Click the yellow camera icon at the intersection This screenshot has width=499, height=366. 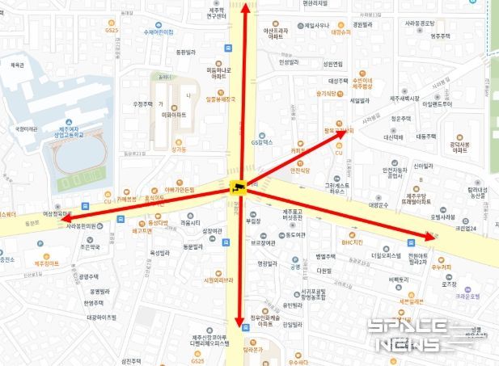point(239,189)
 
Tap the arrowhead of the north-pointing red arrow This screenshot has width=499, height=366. point(247,6)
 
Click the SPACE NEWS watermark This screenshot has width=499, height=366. point(419,334)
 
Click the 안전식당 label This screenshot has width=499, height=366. point(300,170)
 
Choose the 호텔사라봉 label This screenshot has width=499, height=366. point(465,217)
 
